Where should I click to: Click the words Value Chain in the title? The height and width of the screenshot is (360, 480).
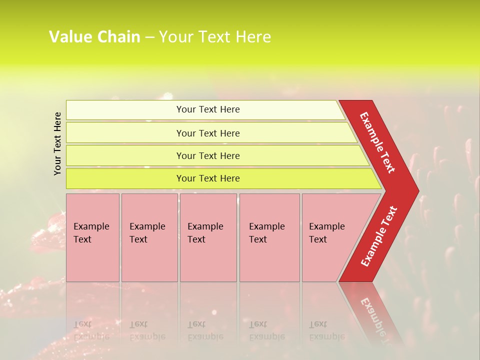(94, 37)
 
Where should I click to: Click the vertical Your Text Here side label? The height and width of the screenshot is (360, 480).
(58, 143)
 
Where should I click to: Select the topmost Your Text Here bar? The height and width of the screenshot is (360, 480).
(207, 109)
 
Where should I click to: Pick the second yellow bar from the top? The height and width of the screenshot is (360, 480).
(207, 133)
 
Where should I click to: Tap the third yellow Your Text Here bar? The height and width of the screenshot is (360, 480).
(207, 155)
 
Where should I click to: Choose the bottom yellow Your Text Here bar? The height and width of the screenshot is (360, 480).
(207, 178)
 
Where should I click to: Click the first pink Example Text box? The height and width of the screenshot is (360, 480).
(92, 237)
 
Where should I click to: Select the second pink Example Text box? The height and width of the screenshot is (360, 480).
(149, 237)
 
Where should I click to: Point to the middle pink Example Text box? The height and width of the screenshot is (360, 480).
(208, 237)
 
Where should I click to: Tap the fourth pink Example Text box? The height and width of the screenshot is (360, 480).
(269, 237)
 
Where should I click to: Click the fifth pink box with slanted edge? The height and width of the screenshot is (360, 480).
(330, 237)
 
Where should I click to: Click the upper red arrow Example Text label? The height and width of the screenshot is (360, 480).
(378, 142)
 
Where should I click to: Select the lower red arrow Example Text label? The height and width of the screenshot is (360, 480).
(379, 236)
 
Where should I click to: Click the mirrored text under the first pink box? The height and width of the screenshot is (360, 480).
(91, 330)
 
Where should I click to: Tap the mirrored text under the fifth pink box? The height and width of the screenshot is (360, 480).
(326, 330)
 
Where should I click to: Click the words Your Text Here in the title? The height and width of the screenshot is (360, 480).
(215, 37)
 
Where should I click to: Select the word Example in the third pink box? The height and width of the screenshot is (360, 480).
(205, 226)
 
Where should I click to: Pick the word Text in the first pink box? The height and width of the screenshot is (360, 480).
(82, 239)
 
